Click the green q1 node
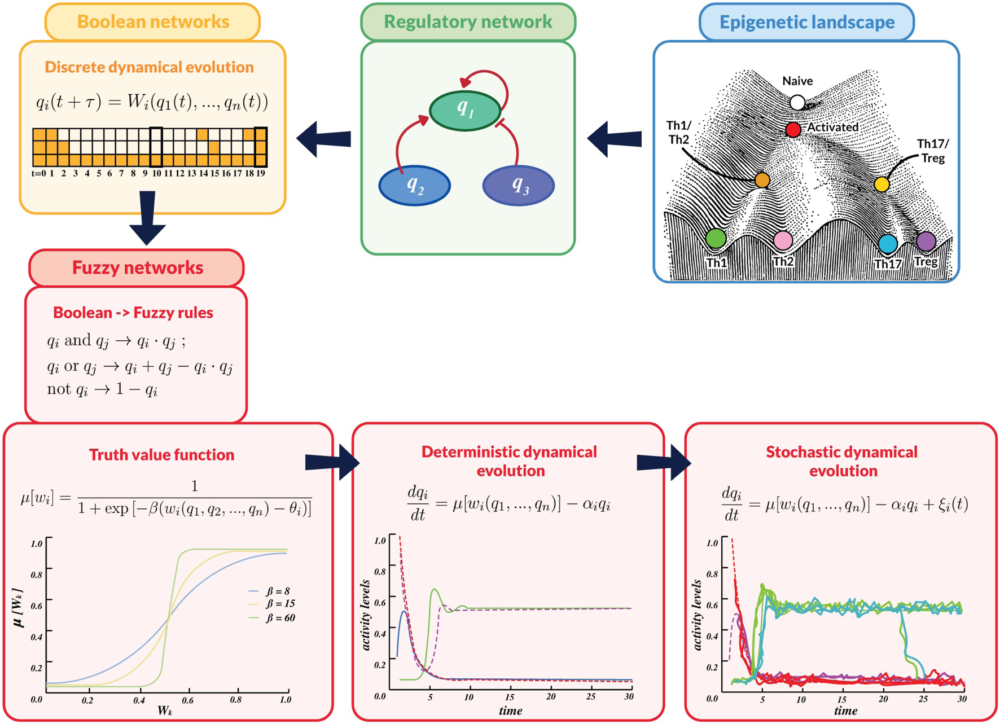pyautogui.click(x=465, y=110)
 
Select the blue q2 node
pyautogui.click(x=415, y=185)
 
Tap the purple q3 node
pyautogui.click(x=519, y=185)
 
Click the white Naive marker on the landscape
pyautogui.click(x=797, y=102)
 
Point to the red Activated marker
pyautogui.click(x=793, y=130)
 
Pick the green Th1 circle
pyautogui.click(x=716, y=239)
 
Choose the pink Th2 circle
pyautogui.click(x=783, y=240)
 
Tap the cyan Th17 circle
pyautogui.click(x=888, y=244)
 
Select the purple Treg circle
pyautogui.click(x=926, y=241)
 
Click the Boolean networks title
pyautogui.click(x=153, y=22)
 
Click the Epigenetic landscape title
pyautogui.click(x=807, y=22)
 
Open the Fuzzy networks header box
pyautogui.click(x=137, y=267)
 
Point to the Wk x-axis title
pyautogui.click(x=165, y=710)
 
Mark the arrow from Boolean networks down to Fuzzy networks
pyautogui.click(x=147, y=218)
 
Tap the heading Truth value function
pyautogui.click(x=161, y=455)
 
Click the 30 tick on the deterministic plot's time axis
pyautogui.click(x=628, y=696)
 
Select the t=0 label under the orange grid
pyautogui.click(x=39, y=174)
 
